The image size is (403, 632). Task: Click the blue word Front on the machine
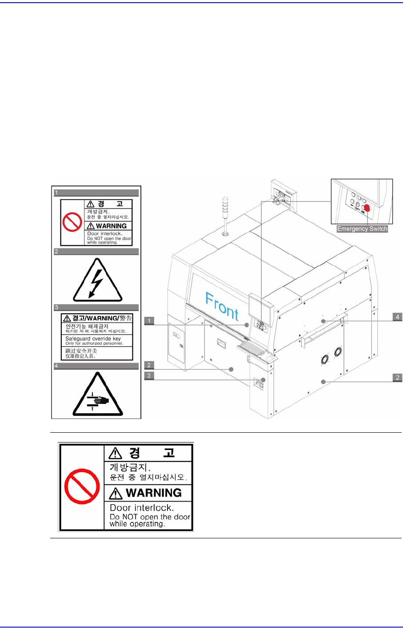click(222, 305)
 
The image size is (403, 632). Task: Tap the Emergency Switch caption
click(362, 229)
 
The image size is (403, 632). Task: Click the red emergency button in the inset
click(367, 208)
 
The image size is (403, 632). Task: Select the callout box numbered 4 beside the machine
click(397, 317)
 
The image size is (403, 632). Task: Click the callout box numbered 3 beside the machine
click(149, 375)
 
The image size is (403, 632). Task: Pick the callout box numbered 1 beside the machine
click(149, 320)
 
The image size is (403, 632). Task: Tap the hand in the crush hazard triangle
click(99, 400)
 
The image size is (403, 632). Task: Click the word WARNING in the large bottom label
click(153, 493)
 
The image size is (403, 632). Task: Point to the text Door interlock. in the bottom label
click(142, 508)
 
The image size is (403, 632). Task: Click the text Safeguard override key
click(93, 338)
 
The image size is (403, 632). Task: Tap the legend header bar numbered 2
click(96, 252)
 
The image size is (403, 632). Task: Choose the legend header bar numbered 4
click(96, 366)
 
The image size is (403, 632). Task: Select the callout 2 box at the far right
click(397, 377)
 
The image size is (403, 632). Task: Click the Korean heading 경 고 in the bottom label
click(151, 453)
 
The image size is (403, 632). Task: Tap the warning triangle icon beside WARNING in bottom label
click(116, 493)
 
